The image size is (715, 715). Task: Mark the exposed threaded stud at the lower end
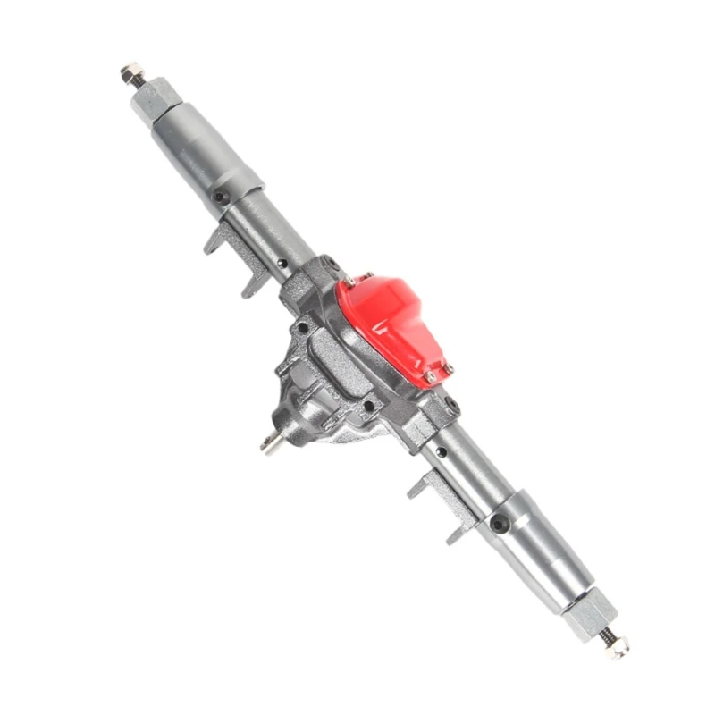(606, 635)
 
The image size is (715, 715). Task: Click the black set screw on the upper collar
(218, 197)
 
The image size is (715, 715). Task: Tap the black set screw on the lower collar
(496, 522)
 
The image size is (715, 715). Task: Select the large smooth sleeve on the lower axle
(542, 559)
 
